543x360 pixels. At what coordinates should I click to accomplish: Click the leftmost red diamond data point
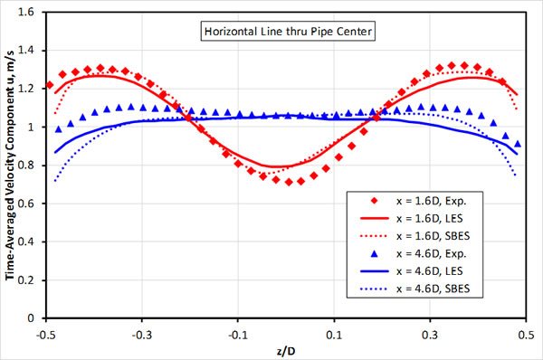pyautogui.click(x=50, y=85)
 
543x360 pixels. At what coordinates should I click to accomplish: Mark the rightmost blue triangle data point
pyautogui.click(x=518, y=144)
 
